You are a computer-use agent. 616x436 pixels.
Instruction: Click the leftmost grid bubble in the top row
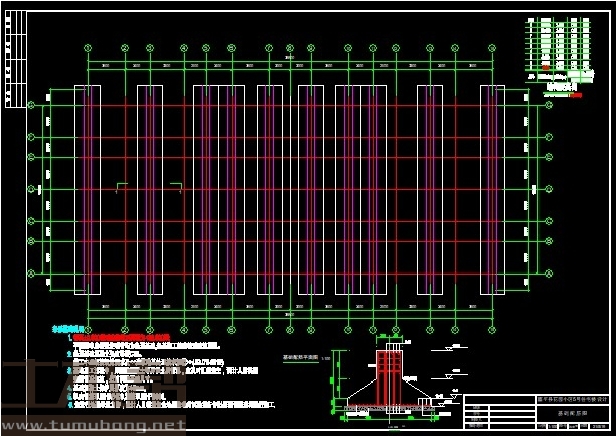coord(88,47)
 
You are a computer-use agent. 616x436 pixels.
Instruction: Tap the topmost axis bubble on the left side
coord(31,104)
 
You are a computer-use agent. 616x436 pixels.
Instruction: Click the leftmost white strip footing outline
coord(88,189)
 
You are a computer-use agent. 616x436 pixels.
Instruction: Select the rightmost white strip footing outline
coord(492,189)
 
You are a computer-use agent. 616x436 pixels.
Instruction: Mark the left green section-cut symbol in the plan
coord(122,185)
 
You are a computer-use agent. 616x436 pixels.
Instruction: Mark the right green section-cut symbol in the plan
coord(176,185)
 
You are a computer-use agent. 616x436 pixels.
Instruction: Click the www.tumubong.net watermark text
coord(92,426)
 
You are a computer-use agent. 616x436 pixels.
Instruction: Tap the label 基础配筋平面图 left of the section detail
coord(299,356)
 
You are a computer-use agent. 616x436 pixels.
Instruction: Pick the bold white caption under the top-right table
coord(561,87)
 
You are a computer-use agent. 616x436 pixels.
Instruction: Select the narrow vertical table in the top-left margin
coord(11,60)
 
